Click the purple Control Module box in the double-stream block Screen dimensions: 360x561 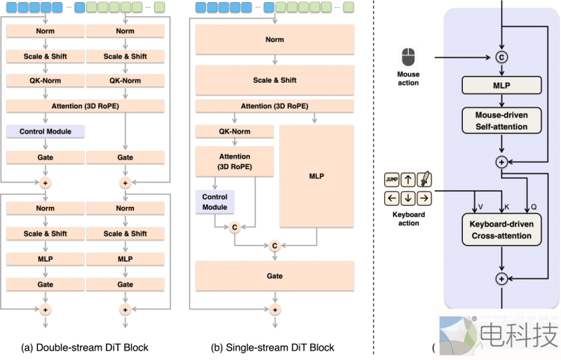click(x=44, y=131)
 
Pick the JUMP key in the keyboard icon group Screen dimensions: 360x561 click(x=392, y=178)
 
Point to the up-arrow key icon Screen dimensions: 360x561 click(x=408, y=178)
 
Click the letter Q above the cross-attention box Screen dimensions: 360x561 click(x=534, y=207)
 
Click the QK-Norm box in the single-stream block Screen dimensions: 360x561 click(x=234, y=131)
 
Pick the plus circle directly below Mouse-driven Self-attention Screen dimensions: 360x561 click(x=501, y=161)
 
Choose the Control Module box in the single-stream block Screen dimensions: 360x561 click(x=215, y=202)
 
